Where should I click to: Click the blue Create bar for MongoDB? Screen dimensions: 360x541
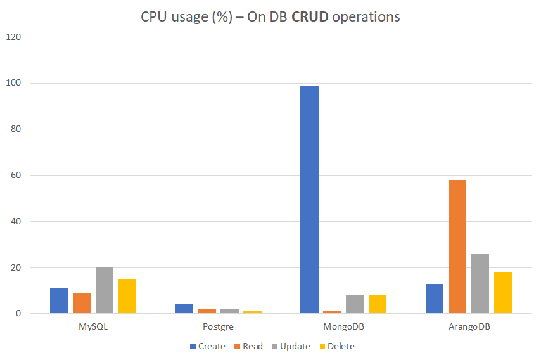[x=309, y=199]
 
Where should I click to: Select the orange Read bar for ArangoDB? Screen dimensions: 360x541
[x=457, y=247]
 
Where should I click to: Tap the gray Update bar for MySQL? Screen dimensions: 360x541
[x=105, y=290]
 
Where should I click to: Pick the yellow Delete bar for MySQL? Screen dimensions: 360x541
[x=127, y=296]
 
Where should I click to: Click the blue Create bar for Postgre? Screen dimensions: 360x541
[x=184, y=309]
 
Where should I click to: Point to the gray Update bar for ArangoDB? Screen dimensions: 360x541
[x=480, y=283]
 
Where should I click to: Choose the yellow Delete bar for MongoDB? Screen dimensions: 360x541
[x=378, y=304]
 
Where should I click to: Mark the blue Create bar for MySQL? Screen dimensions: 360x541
[x=59, y=300]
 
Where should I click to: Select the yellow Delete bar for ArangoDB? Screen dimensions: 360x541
[x=503, y=293]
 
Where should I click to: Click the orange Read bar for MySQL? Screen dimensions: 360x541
[x=82, y=303]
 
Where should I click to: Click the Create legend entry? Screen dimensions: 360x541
[x=207, y=346]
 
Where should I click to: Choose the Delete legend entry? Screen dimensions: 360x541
[x=336, y=346]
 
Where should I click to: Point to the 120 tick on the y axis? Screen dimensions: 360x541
[x=14, y=37]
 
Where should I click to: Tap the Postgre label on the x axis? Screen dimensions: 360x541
[x=219, y=327]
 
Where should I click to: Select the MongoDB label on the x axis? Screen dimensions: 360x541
[x=343, y=327]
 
